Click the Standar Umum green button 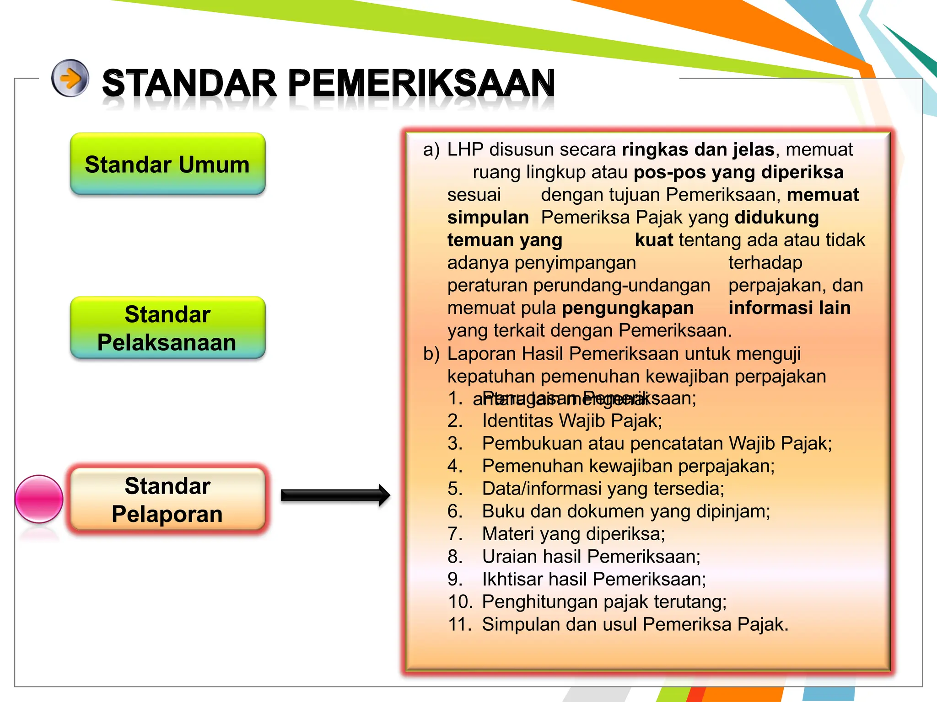pyautogui.click(x=167, y=164)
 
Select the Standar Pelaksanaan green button pyautogui.click(x=167, y=328)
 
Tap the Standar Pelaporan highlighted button pyautogui.click(x=167, y=500)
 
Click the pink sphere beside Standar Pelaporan pyautogui.click(x=39, y=499)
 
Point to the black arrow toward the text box pyautogui.click(x=335, y=495)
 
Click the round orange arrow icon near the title pyautogui.click(x=70, y=78)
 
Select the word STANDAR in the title pyautogui.click(x=189, y=83)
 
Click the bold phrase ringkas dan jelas pyautogui.click(x=698, y=150)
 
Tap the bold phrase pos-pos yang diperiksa pyautogui.click(x=738, y=172)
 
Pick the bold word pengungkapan pyautogui.click(x=628, y=308)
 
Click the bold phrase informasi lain pyautogui.click(x=789, y=308)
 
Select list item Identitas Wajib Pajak pyautogui.click(x=572, y=420)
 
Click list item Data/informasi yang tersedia pyautogui.click(x=603, y=489)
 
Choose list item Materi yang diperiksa pyautogui.click(x=573, y=534)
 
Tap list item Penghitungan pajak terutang pyautogui.click(x=604, y=601)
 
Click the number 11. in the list pyautogui.click(x=460, y=624)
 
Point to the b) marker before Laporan pyautogui.click(x=431, y=354)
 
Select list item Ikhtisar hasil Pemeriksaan pyautogui.click(x=594, y=579)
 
